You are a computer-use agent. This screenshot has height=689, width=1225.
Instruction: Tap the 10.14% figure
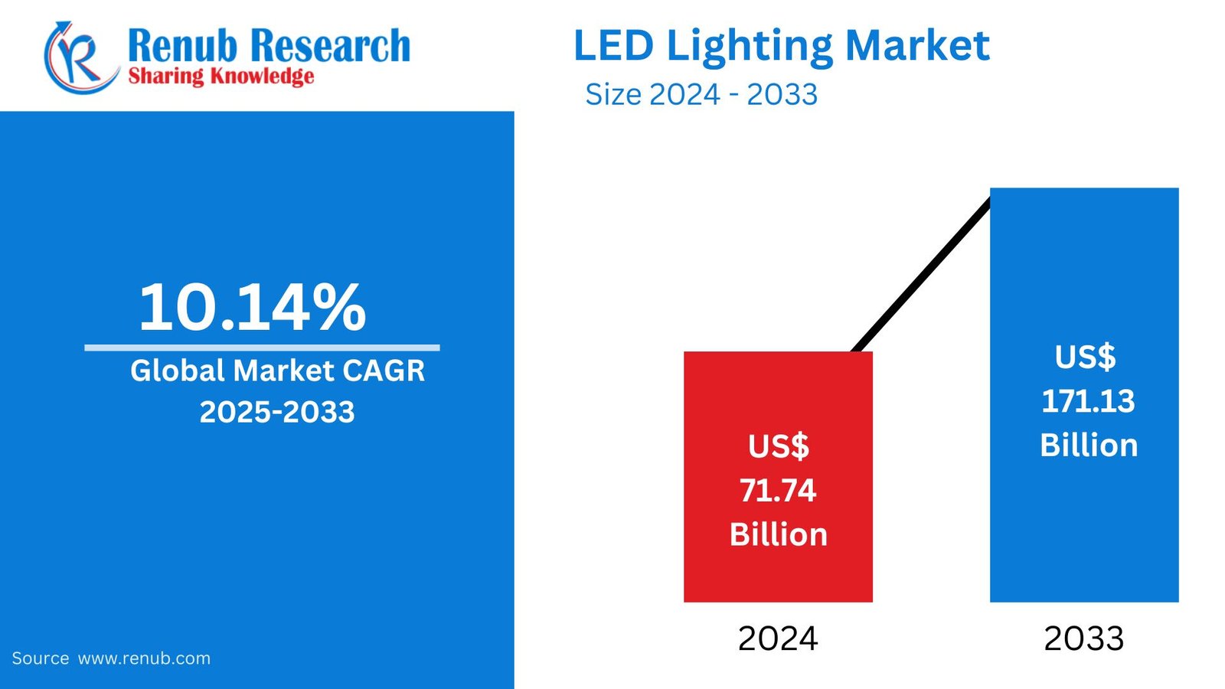[x=253, y=307]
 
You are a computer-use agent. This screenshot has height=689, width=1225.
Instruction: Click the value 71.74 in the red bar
[x=778, y=490]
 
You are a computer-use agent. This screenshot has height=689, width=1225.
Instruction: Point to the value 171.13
[x=1088, y=401]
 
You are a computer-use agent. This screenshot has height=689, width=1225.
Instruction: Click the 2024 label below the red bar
[x=778, y=638]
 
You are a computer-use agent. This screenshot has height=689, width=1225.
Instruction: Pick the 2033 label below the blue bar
[x=1084, y=638]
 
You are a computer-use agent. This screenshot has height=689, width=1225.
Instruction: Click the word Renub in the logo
[x=182, y=45]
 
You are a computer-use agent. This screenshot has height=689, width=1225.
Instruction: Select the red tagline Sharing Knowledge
[x=220, y=76]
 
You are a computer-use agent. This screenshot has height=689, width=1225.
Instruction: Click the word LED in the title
[x=613, y=45]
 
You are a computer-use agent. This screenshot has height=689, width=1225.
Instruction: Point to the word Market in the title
[x=917, y=45]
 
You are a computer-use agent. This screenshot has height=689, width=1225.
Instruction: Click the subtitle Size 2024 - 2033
[x=701, y=94]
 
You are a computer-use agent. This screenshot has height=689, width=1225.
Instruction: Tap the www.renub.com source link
[x=144, y=658]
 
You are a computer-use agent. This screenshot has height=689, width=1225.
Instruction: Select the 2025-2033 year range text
[x=277, y=412]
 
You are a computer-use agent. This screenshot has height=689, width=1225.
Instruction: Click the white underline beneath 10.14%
[x=262, y=348]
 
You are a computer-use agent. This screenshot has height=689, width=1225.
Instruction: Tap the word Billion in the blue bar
[x=1089, y=446]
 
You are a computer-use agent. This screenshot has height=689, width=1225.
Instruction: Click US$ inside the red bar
[x=778, y=446]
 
